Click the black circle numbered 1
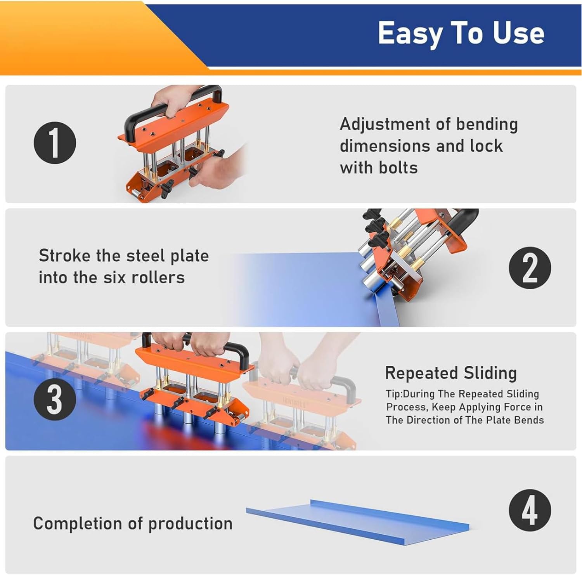[55, 143]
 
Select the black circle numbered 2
[530, 268]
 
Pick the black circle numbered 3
[55, 399]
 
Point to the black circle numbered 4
[530, 510]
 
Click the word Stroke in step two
[64, 256]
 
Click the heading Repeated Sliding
[450, 373]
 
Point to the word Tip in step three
[393, 394]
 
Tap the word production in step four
[190, 524]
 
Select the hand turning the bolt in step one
[217, 171]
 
